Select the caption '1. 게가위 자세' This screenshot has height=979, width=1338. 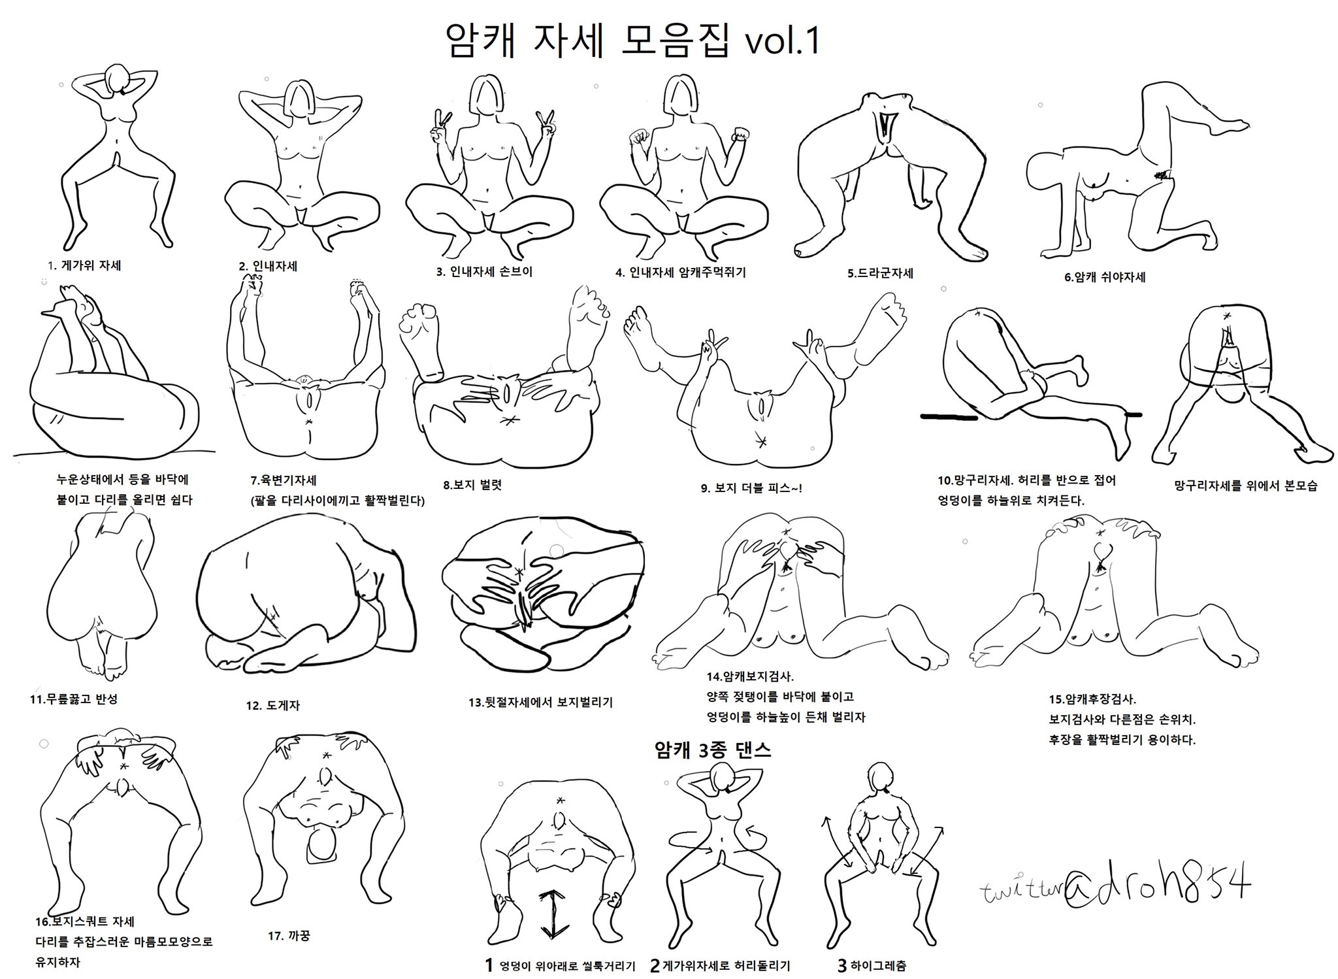pyautogui.click(x=85, y=265)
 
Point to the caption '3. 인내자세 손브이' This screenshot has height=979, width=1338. pyautogui.click(x=485, y=272)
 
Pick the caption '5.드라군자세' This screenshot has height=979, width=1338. pyautogui.click(x=880, y=273)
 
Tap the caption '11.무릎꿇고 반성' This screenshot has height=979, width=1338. pyautogui.click(x=74, y=699)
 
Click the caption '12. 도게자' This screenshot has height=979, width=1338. pyautogui.click(x=273, y=705)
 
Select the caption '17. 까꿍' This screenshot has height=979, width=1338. pyautogui.click(x=289, y=935)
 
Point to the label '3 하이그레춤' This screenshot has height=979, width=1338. pyautogui.click(x=872, y=965)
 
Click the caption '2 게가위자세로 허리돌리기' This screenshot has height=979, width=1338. pyautogui.click(x=720, y=965)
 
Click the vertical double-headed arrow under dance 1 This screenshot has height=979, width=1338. pyautogui.click(x=553, y=914)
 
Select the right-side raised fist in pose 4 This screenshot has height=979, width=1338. pyautogui.click(x=740, y=136)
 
